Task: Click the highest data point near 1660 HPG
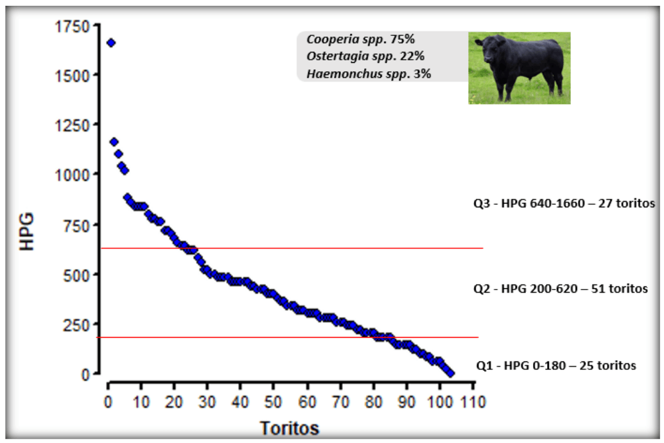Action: click(111, 42)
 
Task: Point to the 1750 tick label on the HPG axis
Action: click(72, 26)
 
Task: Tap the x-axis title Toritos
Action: click(289, 427)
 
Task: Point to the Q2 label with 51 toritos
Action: click(560, 289)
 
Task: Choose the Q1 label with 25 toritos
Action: click(555, 366)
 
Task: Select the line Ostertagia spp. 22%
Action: click(365, 56)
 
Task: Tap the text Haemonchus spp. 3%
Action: click(369, 73)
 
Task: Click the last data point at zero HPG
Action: click(451, 373)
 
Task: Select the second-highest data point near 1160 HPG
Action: click(114, 142)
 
